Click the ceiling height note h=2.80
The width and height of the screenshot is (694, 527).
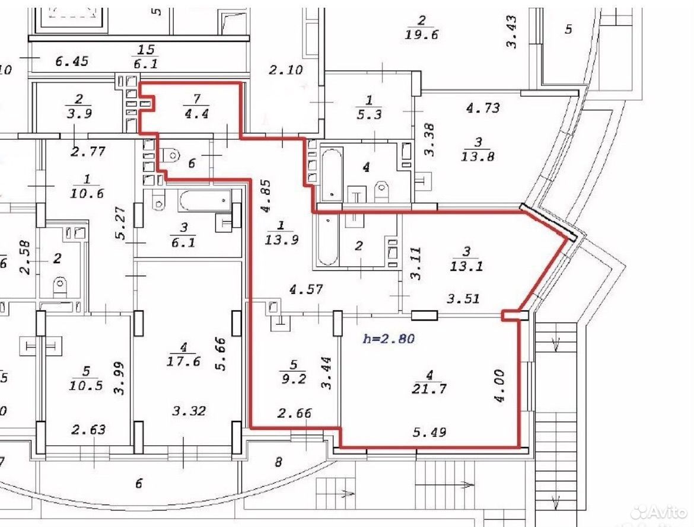(x=389, y=339)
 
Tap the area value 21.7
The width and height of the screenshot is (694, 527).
(x=429, y=389)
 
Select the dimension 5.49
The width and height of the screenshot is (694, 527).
(x=429, y=432)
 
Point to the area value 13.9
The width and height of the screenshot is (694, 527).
(x=282, y=240)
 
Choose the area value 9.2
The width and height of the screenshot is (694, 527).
(x=294, y=379)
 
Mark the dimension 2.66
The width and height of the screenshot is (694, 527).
(x=294, y=413)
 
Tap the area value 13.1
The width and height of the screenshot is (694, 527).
(x=466, y=266)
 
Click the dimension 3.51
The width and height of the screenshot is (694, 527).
(x=463, y=299)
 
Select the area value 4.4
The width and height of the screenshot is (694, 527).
(x=196, y=114)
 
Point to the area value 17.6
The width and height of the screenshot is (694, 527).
(x=183, y=362)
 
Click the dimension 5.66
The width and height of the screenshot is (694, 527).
(x=221, y=354)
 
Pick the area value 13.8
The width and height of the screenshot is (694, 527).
(x=477, y=156)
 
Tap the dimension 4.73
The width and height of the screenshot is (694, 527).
(x=483, y=108)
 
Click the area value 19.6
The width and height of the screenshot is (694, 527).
(x=421, y=34)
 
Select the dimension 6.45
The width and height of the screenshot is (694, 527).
(x=72, y=61)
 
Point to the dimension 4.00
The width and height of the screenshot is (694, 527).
(x=499, y=386)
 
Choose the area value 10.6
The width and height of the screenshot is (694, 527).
(x=87, y=193)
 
